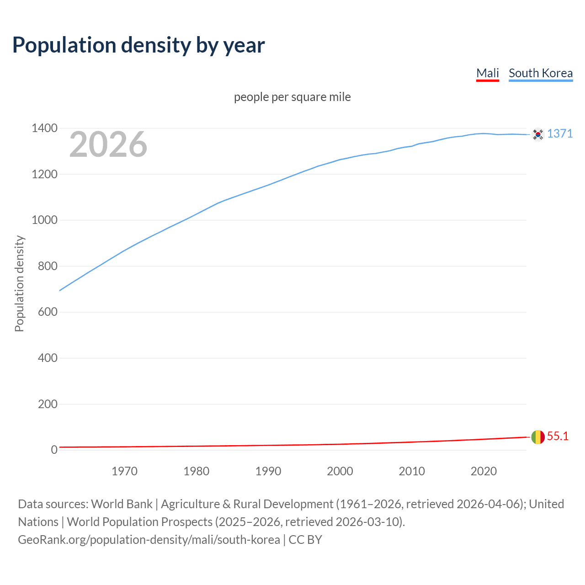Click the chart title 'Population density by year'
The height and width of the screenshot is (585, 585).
point(138,45)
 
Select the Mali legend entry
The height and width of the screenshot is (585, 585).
point(487,73)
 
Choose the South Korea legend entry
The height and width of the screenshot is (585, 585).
point(540,73)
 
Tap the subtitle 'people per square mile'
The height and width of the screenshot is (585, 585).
point(292,97)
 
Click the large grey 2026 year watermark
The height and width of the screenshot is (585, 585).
point(108,144)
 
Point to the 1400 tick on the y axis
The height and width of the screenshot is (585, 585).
point(44,128)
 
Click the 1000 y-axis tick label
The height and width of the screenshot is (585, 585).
point(44,220)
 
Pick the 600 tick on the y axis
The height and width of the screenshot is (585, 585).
point(48,312)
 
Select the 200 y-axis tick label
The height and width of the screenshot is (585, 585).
point(48,404)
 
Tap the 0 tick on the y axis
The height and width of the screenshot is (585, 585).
point(54,450)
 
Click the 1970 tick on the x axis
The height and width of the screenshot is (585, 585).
point(124,471)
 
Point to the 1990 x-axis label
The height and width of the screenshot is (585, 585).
point(268,471)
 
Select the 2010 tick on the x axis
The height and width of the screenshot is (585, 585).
point(412,471)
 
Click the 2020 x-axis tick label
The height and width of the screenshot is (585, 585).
point(484,471)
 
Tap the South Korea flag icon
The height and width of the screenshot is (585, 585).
point(538,134)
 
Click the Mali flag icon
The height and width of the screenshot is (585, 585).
point(538,437)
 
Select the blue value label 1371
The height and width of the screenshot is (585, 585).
point(559,133)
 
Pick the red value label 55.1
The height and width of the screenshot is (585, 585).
point(558,436)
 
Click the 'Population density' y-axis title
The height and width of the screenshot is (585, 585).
point(19,283)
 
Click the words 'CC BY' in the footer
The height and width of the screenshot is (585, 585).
point(305,540)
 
